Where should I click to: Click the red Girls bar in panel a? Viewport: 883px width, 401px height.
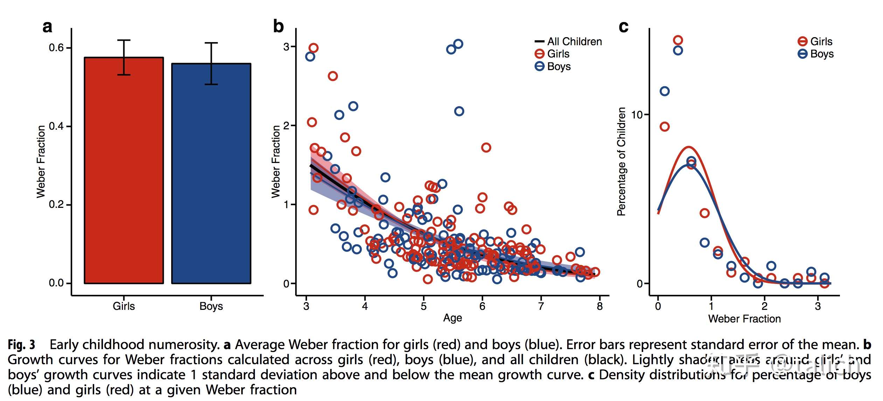(124, 175)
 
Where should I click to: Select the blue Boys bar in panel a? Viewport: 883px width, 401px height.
(211, 175)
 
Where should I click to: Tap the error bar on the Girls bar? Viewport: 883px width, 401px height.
(124, 57)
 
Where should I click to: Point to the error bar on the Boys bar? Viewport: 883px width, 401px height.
(211, 63)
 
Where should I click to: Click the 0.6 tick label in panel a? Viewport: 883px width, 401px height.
(56, 48)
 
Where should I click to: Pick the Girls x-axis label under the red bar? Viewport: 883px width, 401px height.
(124, 306)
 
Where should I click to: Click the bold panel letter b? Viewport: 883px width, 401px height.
(278, 26)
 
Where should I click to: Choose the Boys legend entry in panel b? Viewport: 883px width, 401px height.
(553, 66)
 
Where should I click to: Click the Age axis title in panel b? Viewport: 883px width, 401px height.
(452, 318)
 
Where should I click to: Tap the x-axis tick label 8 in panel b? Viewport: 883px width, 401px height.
(600, 306)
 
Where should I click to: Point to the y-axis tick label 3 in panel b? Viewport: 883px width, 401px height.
(286, 47)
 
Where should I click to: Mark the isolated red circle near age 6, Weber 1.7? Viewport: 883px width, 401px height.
(486, 148)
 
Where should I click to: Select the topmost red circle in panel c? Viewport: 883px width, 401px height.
(678, 40)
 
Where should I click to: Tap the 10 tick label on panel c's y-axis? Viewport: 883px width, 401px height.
(637, 115)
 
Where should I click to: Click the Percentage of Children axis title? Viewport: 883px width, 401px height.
(621, 161)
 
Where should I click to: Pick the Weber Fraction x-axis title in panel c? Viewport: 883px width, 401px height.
(744, 319)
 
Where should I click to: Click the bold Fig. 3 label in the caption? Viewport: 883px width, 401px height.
(22, 345)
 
